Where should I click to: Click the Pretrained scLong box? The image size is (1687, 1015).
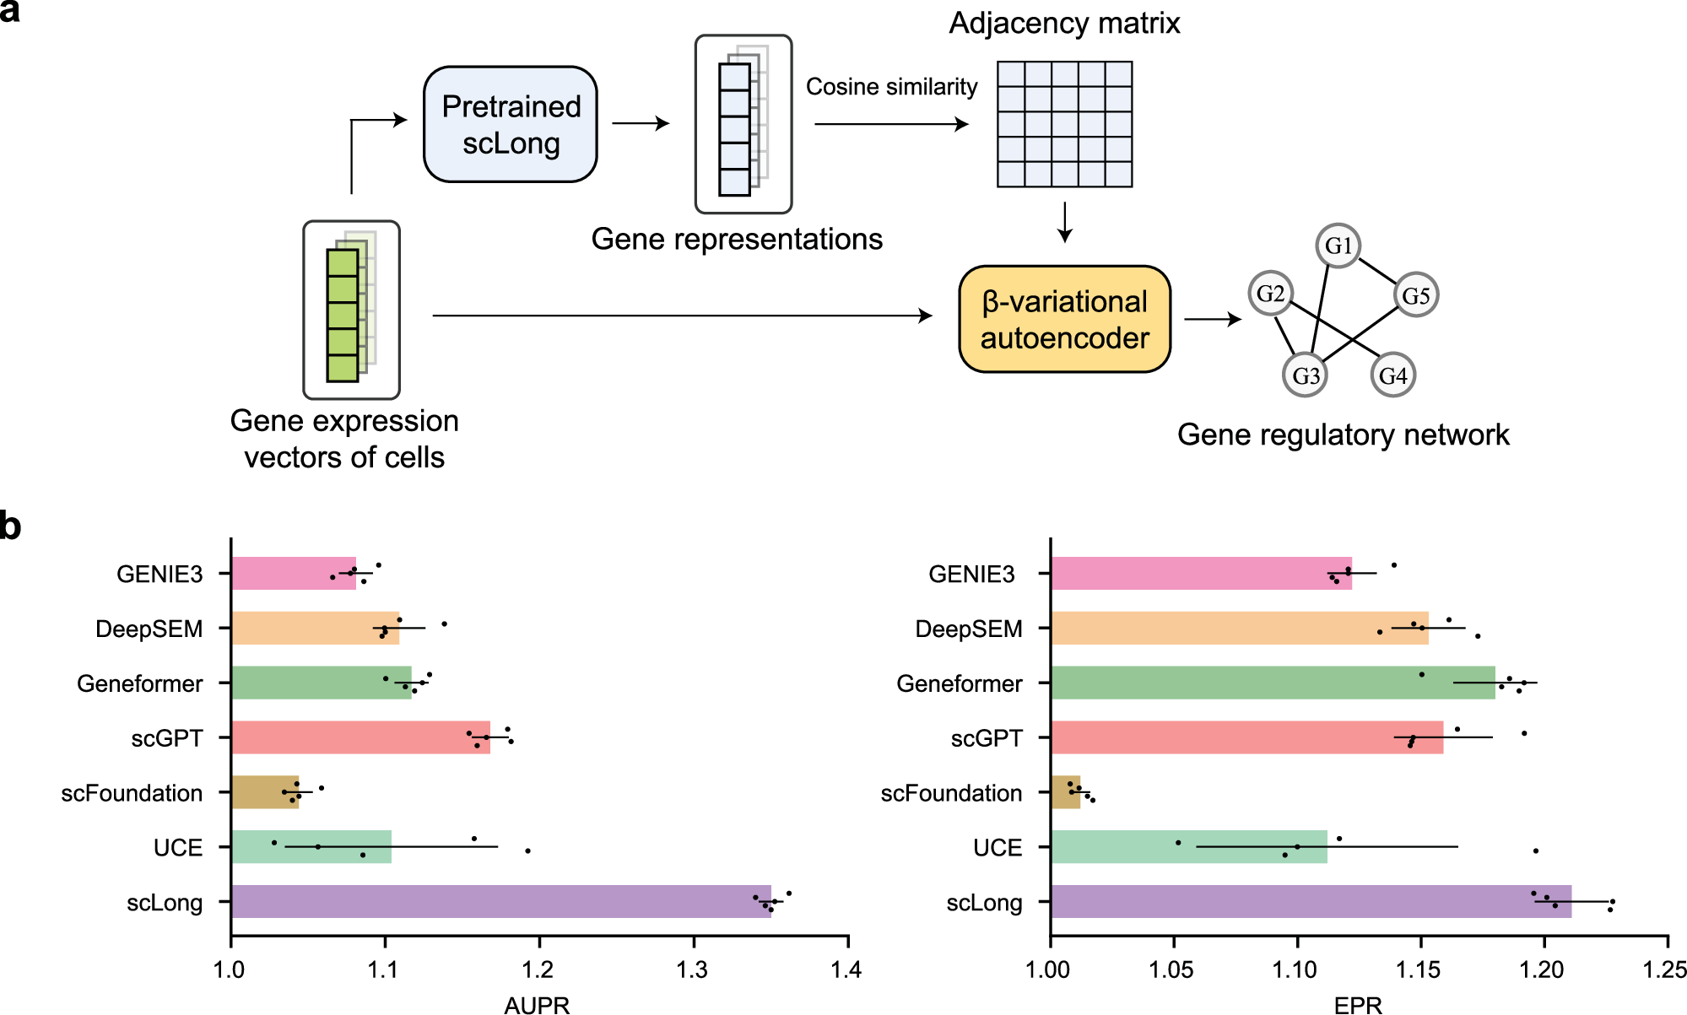(x=511, y=124)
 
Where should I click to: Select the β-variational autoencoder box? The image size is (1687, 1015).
(x=1064, y=319)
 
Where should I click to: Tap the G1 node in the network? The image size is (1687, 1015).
(x=1338, y=246)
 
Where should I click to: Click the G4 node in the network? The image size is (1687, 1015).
(x=1392, y=375)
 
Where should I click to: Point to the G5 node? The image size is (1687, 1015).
(x=1415, y=295)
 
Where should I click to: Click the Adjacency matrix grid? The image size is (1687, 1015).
(x=1064, y=124)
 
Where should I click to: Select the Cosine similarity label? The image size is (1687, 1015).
(x=891, y=87)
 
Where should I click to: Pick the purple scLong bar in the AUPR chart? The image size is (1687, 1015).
(x=500, y=901)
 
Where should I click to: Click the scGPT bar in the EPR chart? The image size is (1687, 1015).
(x=1246, y=737)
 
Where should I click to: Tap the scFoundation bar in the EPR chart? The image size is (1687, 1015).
(x=1065, y=792)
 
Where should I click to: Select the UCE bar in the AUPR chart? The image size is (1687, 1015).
(x=311, y=846)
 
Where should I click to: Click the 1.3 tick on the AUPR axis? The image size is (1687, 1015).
(x=693, y=969)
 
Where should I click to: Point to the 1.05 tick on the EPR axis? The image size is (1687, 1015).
(x=1172, y=969)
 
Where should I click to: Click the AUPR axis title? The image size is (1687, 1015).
(x=537, y=1004)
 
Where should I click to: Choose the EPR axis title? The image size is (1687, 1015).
(x=1358, y=1004)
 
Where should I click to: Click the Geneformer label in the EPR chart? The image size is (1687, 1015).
(x=959, y=683)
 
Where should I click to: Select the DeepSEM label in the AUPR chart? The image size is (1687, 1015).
(x=149, y=629)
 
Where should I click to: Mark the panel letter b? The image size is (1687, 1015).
(x=10, y=526)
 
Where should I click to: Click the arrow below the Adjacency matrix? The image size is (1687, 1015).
(x=1065, y=223)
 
